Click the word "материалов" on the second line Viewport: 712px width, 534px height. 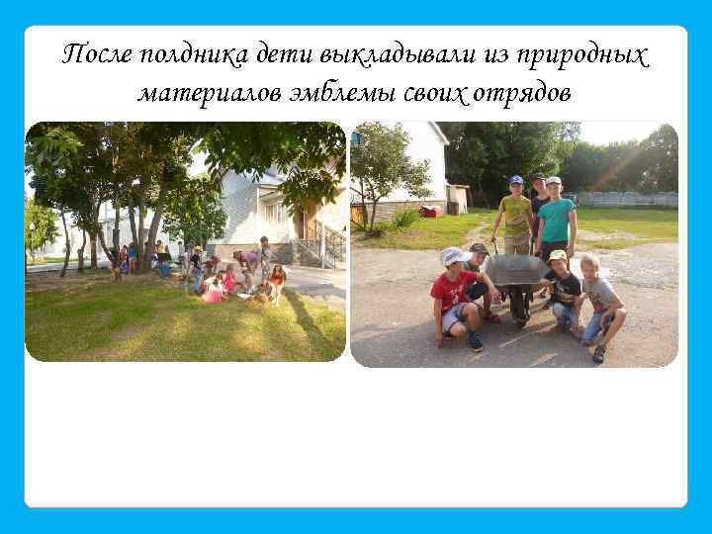(209, 94)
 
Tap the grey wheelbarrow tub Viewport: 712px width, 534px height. (513, 269)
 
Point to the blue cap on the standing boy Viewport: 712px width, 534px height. (515, 180)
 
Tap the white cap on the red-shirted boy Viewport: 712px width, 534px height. (453, 256)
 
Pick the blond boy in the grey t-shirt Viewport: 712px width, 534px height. (599, 302)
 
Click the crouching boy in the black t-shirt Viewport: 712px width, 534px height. (564, 292)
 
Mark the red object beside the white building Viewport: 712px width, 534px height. (430, 211)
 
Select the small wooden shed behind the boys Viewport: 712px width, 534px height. (456, 198)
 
